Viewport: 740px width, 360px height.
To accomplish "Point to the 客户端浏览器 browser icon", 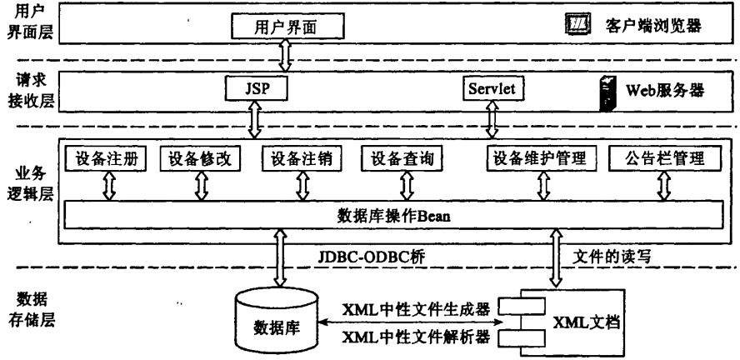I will pos(577,26).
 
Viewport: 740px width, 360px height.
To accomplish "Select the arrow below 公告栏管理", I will pos(663,187).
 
